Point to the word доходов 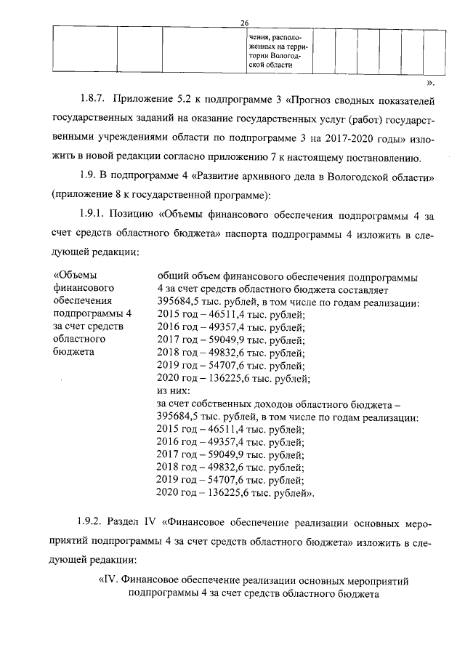click(280, 404)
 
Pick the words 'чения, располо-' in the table click(277, 36)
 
